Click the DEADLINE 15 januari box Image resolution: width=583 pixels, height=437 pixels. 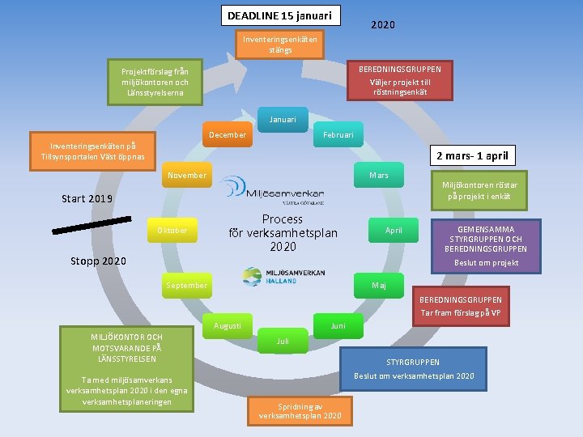(x=279, y=15)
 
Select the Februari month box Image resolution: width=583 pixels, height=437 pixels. (x=338, y=135)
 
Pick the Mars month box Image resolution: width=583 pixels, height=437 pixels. (x=378, y=175)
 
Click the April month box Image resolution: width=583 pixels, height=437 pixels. (x=394, y=231)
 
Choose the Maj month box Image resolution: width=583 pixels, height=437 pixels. (x=378, y=286)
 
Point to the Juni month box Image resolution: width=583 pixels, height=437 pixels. (x=338, y=326)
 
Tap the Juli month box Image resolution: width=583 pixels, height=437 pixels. (x=283, y=342)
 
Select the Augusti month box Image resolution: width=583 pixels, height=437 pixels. (x=228, y=326)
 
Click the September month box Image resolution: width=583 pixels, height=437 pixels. (x=186, y=286)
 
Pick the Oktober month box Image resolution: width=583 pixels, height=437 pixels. (x=172, y=231)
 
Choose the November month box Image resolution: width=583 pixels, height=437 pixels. (x=186, y=175)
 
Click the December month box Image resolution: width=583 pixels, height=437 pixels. (x=228, y=135)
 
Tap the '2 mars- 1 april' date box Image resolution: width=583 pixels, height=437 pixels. (x=473, y=155)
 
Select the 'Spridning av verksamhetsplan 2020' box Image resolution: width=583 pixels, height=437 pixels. (x=300, y=410)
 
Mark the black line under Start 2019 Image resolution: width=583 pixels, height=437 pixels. (x=91, y=224)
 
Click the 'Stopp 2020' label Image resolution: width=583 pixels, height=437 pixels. (x=97, y=261)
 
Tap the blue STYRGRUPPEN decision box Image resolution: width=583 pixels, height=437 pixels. (x=413, y=369)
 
